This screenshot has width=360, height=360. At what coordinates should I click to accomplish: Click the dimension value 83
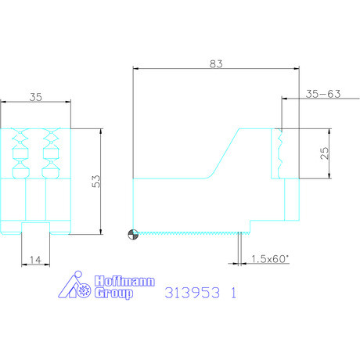click(x=216, y=63)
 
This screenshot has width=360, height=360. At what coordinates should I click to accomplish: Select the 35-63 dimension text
click(x=323, y=94)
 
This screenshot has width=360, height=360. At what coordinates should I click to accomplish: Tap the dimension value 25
click(x=324, y=153)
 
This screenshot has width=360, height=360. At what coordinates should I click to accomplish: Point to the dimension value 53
click(x=95, y=181)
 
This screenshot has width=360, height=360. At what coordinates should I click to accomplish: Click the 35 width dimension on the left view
click(x=35, y=97)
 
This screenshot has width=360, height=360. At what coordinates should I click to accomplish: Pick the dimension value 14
click(x=35, y=260)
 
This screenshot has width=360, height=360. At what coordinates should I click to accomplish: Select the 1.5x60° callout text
click(x=270, y=259)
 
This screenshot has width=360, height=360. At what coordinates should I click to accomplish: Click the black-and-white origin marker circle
click(x=133, y=234)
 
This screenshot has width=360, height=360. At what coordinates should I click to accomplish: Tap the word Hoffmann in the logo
click(x=124, y=281)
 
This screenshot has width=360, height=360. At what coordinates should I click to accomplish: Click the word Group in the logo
click(x=113, y=293)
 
